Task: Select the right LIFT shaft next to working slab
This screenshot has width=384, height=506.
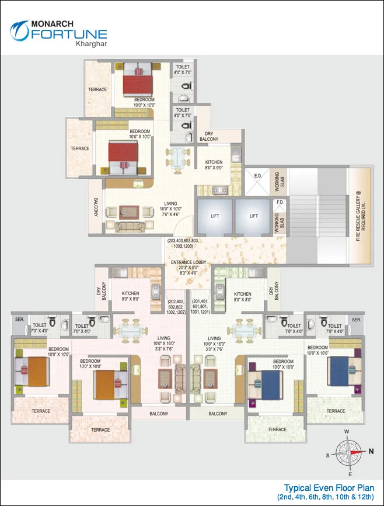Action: (x=253, y=216)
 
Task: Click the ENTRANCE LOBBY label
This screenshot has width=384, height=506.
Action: (x=188, y=262)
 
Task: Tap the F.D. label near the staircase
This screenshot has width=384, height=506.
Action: (x=280, y=202)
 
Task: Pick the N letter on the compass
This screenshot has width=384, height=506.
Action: (x=371, y=451)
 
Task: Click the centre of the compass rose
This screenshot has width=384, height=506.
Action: (x=349, y=452)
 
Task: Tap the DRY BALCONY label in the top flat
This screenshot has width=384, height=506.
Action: (x=209, y=136)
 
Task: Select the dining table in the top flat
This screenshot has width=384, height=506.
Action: (x=177, y=156)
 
